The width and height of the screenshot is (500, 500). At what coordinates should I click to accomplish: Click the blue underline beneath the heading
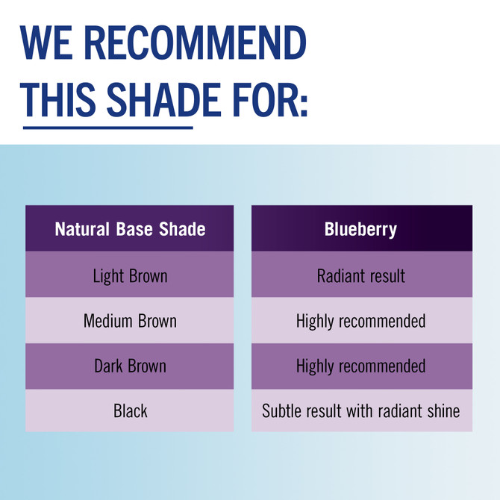107,127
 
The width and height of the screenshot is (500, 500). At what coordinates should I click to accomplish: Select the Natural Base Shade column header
130,229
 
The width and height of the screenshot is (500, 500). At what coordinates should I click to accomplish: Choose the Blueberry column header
361,229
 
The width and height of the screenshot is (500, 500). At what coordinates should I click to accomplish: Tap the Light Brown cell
130,275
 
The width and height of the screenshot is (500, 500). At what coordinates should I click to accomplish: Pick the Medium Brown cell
130,321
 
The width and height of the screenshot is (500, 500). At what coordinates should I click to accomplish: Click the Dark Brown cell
130,366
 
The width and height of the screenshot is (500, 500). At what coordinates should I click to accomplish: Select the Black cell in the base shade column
130,411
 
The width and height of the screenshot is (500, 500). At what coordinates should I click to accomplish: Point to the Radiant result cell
361,275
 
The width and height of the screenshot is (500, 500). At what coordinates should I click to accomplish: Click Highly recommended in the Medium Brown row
361,321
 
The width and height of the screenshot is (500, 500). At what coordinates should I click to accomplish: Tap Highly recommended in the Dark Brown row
361,366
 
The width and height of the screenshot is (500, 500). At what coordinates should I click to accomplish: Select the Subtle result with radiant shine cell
361,411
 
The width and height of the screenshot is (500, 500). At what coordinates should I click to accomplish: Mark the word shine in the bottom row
443,411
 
